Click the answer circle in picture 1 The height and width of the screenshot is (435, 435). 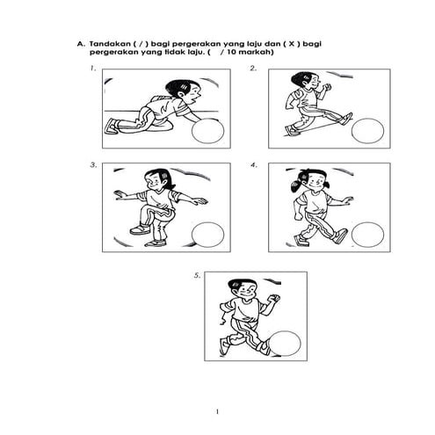[x=208, y=131]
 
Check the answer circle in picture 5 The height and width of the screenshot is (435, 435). [x=288, y=343]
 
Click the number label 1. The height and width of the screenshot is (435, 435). [x=92, y=68]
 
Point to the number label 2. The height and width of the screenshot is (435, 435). [x=253, y=68]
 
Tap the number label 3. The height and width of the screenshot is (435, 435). [x=92, y=164]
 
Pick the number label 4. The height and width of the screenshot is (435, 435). [x=253, y=164]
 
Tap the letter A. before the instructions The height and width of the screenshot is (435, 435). [x=81, y=41]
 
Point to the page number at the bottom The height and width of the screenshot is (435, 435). [x=216, y=410]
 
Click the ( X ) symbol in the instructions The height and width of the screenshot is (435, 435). [x=301, y=41]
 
